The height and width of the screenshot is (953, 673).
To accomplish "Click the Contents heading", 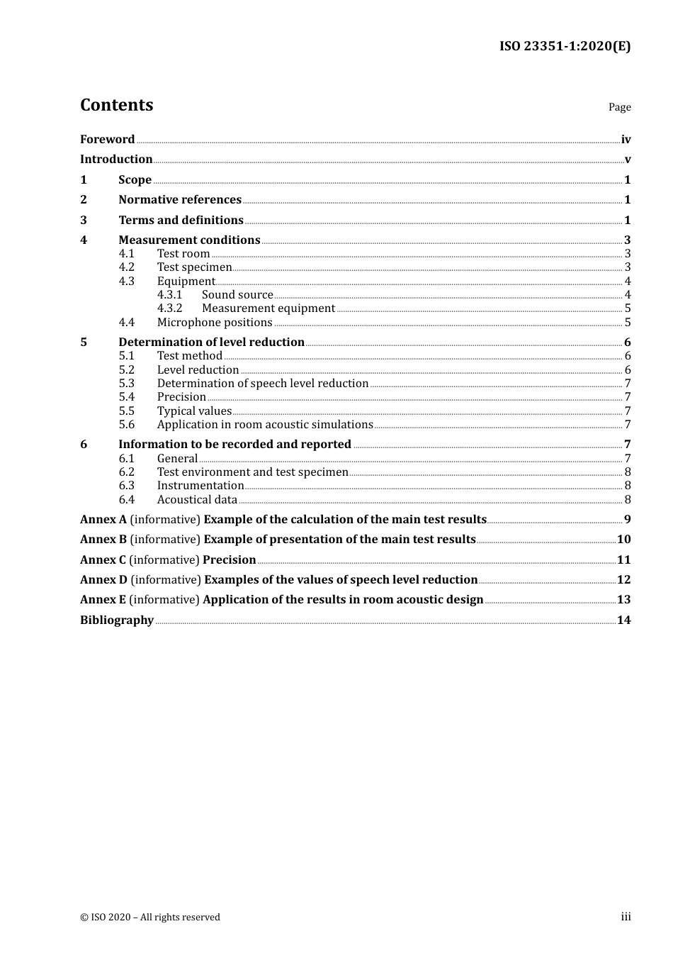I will [x=116, y=105].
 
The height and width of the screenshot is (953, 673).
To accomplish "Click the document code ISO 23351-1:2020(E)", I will [x=565, y=46].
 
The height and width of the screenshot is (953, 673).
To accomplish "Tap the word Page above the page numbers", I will [x=619, y=107].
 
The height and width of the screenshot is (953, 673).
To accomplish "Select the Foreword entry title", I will [x=107, y=140].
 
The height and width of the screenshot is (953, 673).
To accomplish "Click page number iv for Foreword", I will [x=626, y=140].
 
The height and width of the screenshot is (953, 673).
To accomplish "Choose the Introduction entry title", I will [x=116, y=160].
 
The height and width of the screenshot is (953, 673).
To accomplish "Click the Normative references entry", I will [x=180, y=200].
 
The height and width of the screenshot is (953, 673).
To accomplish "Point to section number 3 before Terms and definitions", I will [x=84, y=221].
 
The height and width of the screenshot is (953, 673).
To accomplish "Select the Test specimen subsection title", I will [x=194, y=267].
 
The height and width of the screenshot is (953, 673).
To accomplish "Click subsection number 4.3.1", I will [x=169, y=295].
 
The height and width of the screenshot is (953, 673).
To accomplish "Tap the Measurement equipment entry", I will [x=268, y=308].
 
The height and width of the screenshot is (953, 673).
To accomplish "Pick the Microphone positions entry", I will [x=214, y=323].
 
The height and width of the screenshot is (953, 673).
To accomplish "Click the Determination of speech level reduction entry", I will [x=262, y=384].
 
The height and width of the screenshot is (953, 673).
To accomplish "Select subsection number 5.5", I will [x=126, y=411].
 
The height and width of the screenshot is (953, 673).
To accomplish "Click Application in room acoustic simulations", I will [x=264, y=425].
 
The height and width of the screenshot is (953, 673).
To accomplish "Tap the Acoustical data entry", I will [x=197, y=500].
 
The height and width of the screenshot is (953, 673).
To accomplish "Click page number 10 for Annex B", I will [x=623, y=540].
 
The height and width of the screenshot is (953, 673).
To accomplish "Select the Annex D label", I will [x=103, y=580].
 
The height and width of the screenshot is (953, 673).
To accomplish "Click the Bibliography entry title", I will [x=117, y=620].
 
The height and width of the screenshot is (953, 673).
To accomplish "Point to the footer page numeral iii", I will [x=626, y=917].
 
